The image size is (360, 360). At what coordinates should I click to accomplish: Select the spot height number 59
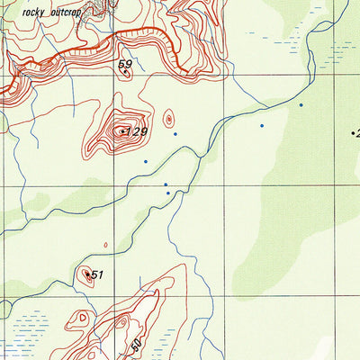(125, 64)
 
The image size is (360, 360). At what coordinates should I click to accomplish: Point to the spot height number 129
(136, 132)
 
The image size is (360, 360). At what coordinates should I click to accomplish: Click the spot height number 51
(98, 275)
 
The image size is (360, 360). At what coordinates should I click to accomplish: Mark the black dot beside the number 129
(122, 131)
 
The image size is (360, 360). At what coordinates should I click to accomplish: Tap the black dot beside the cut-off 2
(352, 132)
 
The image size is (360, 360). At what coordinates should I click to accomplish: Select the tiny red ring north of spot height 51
(105, 244)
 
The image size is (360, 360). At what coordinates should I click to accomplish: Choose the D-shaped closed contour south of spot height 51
(82, 318)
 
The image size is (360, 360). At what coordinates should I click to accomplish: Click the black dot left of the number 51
(87, 274)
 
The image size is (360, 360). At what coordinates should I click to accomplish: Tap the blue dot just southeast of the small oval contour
(175, 135)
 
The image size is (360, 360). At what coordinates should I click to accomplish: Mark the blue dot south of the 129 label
(145, 161)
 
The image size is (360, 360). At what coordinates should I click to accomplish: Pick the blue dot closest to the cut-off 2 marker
(301, 105)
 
